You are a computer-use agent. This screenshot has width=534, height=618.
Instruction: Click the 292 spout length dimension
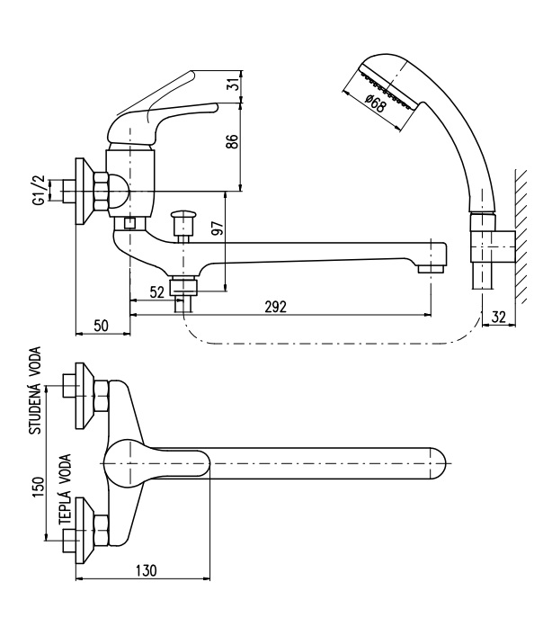[x=276, y=307]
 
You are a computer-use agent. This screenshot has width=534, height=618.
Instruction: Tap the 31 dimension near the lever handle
[x=234, y=83]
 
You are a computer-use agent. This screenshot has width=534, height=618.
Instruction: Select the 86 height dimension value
[x=232, y=141]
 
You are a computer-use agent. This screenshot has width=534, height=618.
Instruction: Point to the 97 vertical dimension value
[x=218, y=228]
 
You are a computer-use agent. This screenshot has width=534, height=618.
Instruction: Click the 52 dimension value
[x=157, y=292]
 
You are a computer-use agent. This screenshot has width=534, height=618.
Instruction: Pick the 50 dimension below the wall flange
[x=101, y=326]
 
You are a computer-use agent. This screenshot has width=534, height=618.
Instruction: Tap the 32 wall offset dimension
[x=499, y=317]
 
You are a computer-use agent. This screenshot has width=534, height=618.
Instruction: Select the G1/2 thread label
[x=39, y=191]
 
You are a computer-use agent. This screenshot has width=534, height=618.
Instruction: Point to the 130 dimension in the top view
[x=147, y=570]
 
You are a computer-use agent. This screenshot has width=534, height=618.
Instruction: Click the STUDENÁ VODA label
[x=35, y=390]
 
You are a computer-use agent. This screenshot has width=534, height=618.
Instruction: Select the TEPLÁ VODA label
[x=65, y=489]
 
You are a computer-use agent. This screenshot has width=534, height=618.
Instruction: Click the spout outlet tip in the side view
[x=432, y=269]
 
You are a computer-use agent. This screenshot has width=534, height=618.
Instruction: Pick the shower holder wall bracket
[x=493, y=246]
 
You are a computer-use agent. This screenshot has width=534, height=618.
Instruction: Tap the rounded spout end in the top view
[x=438, y=463]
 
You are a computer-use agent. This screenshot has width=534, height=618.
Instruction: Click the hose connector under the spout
[x=182, y=287]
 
